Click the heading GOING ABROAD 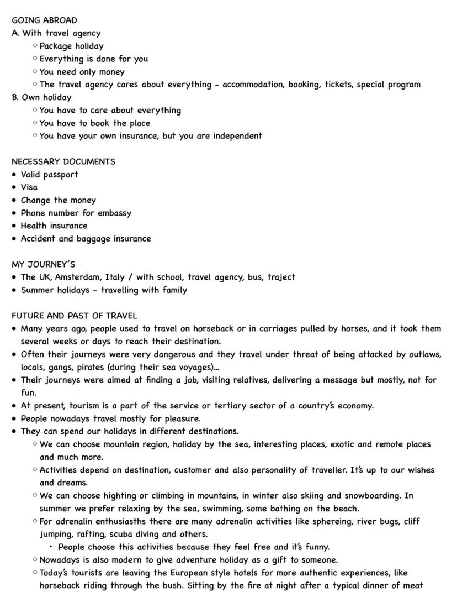pos(44,20)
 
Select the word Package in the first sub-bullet pos(56,46)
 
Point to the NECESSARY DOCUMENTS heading pos(63,162)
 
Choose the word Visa pos(29,187)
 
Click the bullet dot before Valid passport pos(14,175)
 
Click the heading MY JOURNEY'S pos(43,264)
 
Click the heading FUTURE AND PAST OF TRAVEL pos(74,316)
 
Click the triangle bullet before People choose pos(51,547)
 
